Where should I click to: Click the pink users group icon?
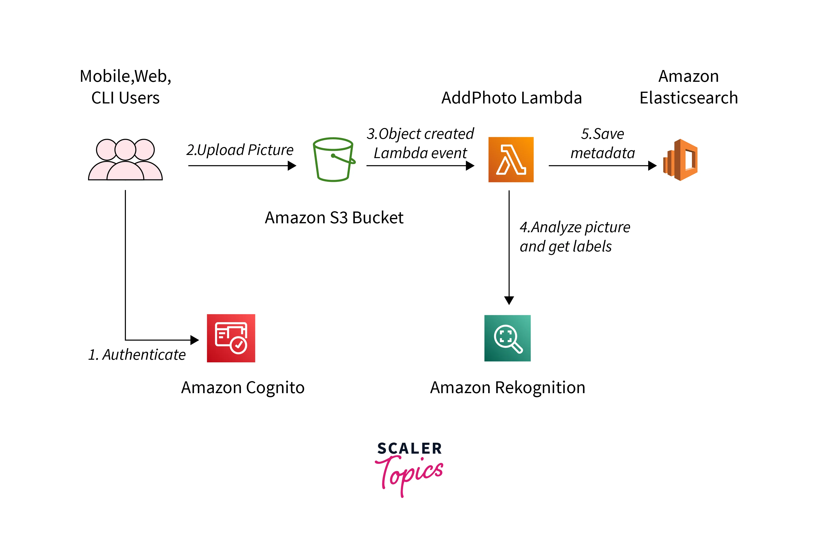tap(125, 160)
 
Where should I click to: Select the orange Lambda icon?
tap(511, 160)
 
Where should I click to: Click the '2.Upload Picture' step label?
tap(240, 150)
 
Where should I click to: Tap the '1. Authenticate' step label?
tap(137, 355)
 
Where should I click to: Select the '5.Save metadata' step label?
tap(603, 143)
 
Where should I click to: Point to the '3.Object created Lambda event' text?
tap(420, 143)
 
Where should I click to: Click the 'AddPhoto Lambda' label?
tap(511, 98)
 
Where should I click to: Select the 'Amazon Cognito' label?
tap(243, 388)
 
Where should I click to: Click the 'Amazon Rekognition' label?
tap(507, 388)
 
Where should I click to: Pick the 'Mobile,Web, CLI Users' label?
tap(125, 87)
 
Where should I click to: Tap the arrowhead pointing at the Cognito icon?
tap(195, 340)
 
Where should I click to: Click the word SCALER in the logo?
tap(409, 448)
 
